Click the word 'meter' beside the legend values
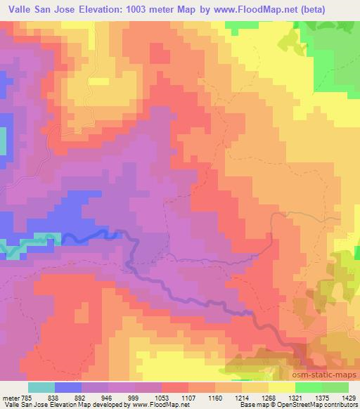[10, 397]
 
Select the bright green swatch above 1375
[309, 387]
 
